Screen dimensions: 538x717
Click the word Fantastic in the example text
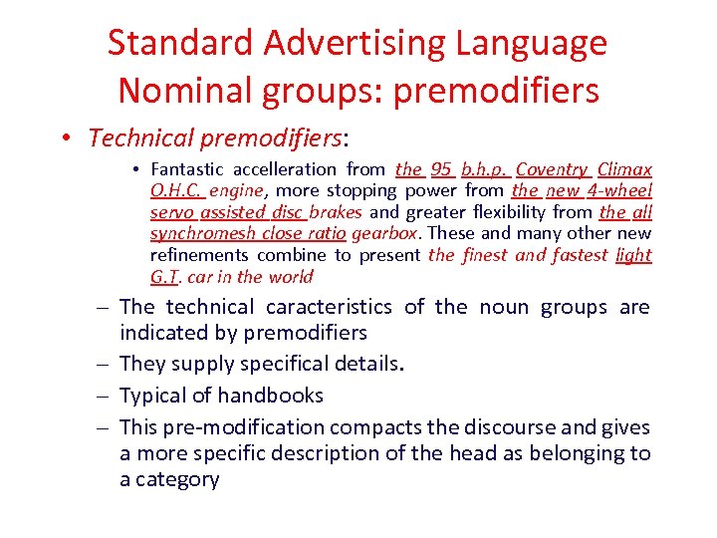[x=187, y=169]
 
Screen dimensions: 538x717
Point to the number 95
[x=441, y=169]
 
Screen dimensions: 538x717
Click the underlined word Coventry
[x=552, y=169]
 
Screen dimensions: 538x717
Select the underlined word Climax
[x=625, y=169]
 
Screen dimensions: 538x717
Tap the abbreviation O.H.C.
[x=177, y=190]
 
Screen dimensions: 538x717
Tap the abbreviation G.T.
[x=162, y=277]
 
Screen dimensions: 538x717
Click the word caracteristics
[x=330, y=307]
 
